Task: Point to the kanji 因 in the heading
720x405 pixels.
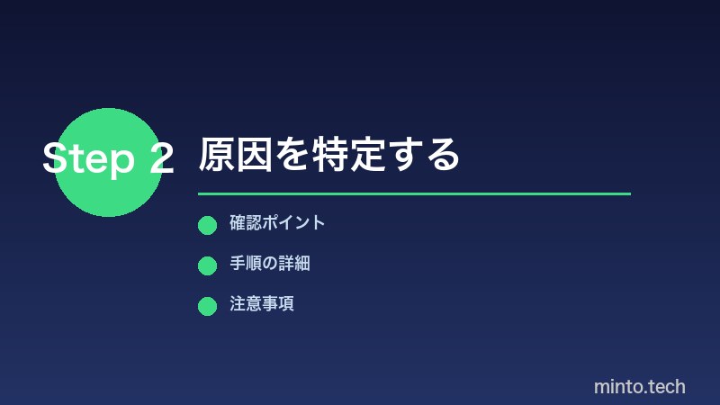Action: point(255,156)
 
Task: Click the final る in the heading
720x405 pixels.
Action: point(442,156)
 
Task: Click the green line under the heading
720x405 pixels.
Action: point(414,193)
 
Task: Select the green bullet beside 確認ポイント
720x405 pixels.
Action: point(207,225)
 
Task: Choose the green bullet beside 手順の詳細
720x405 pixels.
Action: point(207,265)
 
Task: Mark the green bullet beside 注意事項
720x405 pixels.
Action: point(207,306)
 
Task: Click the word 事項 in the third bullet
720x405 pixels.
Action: point(278,304)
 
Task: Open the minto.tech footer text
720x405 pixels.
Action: point(639,387)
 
